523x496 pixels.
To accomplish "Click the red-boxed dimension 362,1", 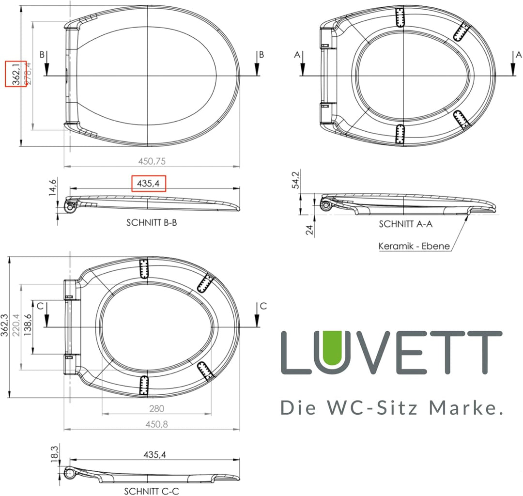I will (16, 74).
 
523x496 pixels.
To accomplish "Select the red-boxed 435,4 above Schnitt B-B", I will (149, 184).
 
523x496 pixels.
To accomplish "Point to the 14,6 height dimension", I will (53, 186).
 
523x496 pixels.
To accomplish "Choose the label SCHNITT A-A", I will (406, 224).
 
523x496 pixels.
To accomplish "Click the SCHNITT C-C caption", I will (152, 491).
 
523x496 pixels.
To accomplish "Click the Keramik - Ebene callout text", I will (414, 246).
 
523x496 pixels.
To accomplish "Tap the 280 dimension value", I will (156, 409).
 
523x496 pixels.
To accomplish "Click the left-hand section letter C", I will (40, 306).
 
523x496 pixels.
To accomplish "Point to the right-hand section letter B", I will (261, 54).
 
